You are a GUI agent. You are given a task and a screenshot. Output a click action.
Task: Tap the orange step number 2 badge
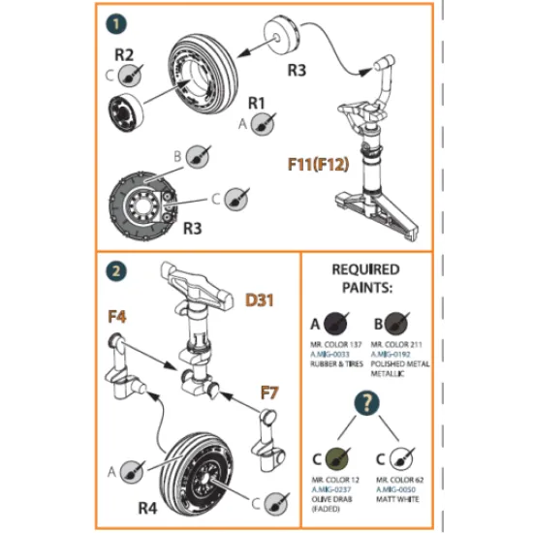[x=117, y=272]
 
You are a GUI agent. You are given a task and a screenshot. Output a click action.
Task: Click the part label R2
[x=125, y=53]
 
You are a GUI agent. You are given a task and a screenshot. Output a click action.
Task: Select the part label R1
[x=257, y=102]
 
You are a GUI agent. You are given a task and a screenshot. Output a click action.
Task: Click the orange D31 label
[x=259, y=300]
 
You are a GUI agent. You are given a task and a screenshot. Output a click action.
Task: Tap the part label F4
[x=117, y=315]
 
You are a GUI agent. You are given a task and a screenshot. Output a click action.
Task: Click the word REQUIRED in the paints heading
[x=365, y=269]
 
